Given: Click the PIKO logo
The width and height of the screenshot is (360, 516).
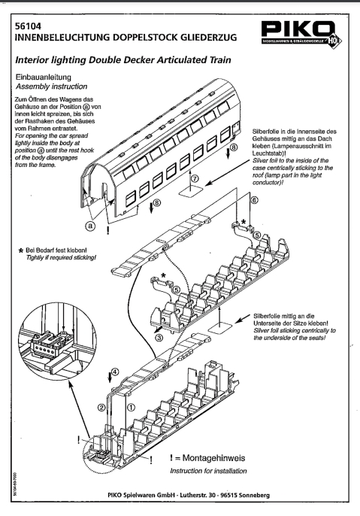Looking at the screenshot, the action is tap(301, 33).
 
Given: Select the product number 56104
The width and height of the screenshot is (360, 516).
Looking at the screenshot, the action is tap(29, 26).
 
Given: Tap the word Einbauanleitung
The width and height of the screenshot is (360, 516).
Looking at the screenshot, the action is tap(44, 77).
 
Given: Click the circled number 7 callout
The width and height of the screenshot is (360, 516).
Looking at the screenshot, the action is tap(195, 178).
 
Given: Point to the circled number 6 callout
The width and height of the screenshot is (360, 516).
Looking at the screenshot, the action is tap(254, 200).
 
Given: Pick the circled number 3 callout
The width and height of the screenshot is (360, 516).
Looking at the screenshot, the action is tap(159, 337).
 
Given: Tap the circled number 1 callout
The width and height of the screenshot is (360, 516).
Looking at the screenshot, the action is tap(131, 408).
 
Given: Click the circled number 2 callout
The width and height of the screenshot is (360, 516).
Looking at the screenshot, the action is tap(101, 408).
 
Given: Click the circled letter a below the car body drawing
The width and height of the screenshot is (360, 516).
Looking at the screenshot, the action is tap(89, 226).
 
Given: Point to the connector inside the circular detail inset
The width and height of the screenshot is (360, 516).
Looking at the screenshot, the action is tap(49, 342).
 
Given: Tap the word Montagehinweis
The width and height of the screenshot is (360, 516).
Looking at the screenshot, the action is tap(213, 458).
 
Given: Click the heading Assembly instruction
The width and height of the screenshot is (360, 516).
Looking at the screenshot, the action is tap(52, 87).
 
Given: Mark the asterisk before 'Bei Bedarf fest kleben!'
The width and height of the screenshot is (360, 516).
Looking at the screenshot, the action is tap(21, 251).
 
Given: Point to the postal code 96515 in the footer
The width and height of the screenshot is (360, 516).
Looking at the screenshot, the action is tap(228, 495).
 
